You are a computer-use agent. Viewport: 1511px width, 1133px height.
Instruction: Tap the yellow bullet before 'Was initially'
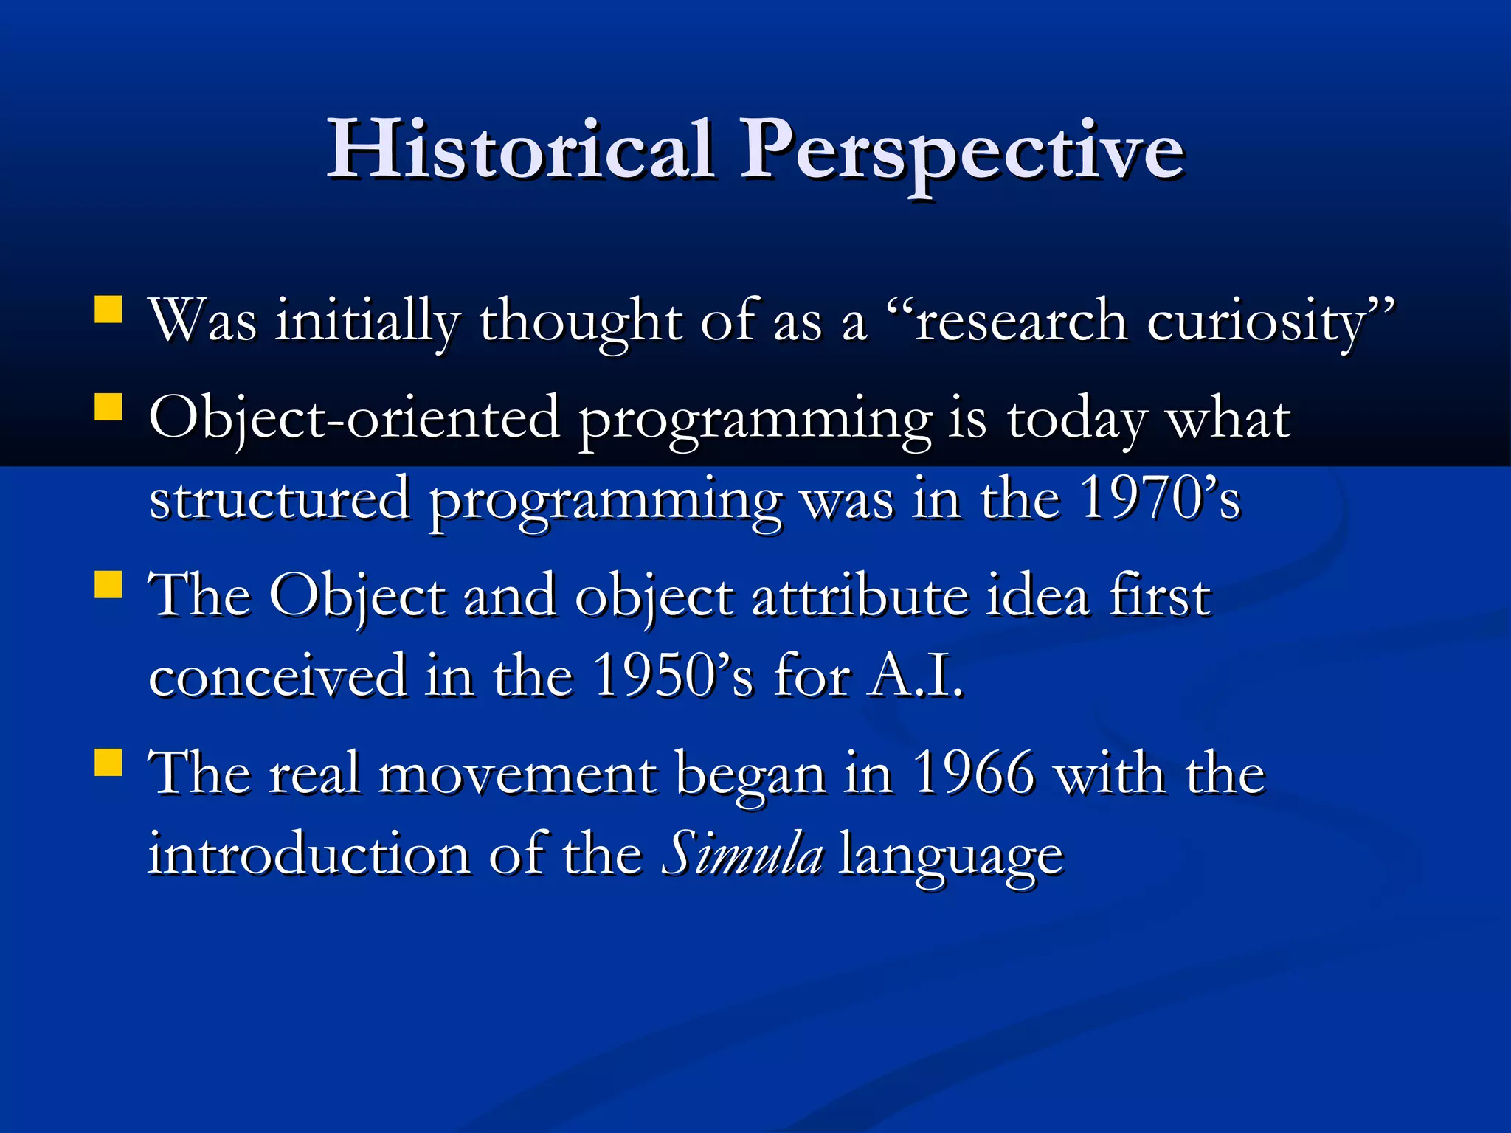(x=108, y=310)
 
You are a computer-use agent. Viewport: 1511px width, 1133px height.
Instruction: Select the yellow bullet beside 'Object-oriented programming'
(x=108, y=406)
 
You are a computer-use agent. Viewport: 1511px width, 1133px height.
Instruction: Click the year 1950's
(x=672, y=676)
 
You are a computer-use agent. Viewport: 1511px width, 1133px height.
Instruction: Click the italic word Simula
(x=741, y=856)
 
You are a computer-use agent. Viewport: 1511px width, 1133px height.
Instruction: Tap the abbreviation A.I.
(x=916, y=676)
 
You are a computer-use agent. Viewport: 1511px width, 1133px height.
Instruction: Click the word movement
(x=516, y=775)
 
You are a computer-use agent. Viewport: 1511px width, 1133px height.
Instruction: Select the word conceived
(x=277, y=676)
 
